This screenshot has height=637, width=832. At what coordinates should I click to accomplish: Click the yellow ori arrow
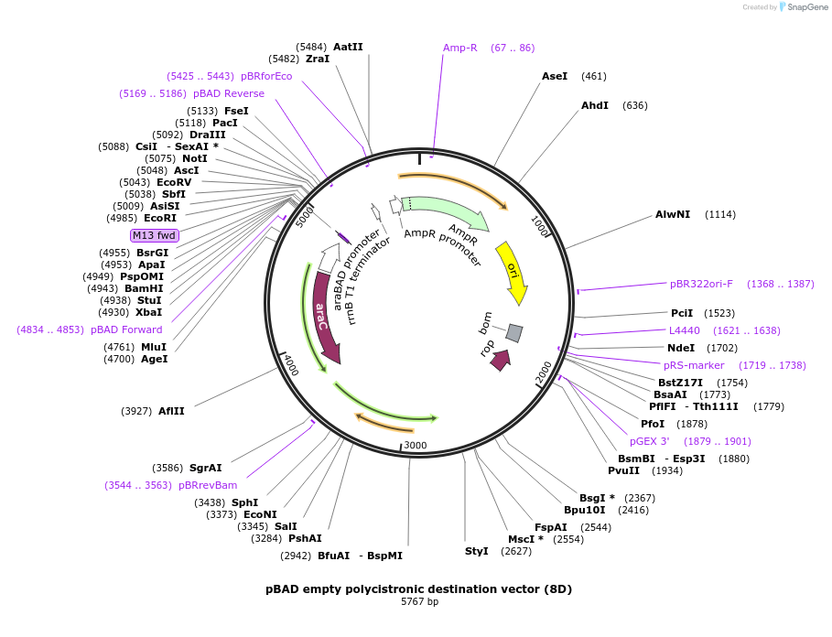click(x=513, y=272)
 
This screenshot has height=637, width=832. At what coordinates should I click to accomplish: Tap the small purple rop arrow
click(x=500, y=360)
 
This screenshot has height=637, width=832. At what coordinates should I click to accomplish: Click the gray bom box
click(x=514, y=333)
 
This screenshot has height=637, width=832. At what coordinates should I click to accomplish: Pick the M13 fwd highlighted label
click(x=154, y=236)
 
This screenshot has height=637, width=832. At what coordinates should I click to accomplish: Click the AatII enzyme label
click(x=348, y=47)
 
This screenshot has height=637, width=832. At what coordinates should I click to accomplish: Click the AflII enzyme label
click(x=171, y=411)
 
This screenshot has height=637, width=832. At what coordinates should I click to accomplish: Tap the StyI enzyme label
click(x=477, y=551)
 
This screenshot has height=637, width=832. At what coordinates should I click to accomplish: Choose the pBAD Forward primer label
click(x=126, y=329)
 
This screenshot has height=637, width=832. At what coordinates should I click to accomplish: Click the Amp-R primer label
click(x=460, y=48)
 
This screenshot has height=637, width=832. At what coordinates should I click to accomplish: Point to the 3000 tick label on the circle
click(x=416, y=445)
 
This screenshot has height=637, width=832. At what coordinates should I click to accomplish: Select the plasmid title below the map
click(x=419, y=588)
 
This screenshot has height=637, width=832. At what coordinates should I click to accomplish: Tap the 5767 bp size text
click(x=419, y=602)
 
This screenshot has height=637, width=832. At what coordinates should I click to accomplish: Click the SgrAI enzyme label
click(x=205, y=468)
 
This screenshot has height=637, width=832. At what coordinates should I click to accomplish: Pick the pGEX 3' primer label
click(x=649, y=441)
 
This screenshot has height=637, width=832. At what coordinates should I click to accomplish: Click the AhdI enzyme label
click(x=595, y=105)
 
